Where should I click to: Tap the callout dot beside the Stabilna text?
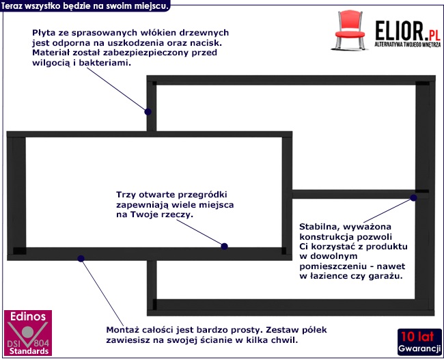[413, 198]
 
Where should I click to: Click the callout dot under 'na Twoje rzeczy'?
[224, 246]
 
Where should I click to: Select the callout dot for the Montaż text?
[81, 258]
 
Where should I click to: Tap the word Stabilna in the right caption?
[321, 225]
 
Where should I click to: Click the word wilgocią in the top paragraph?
[52, 63]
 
